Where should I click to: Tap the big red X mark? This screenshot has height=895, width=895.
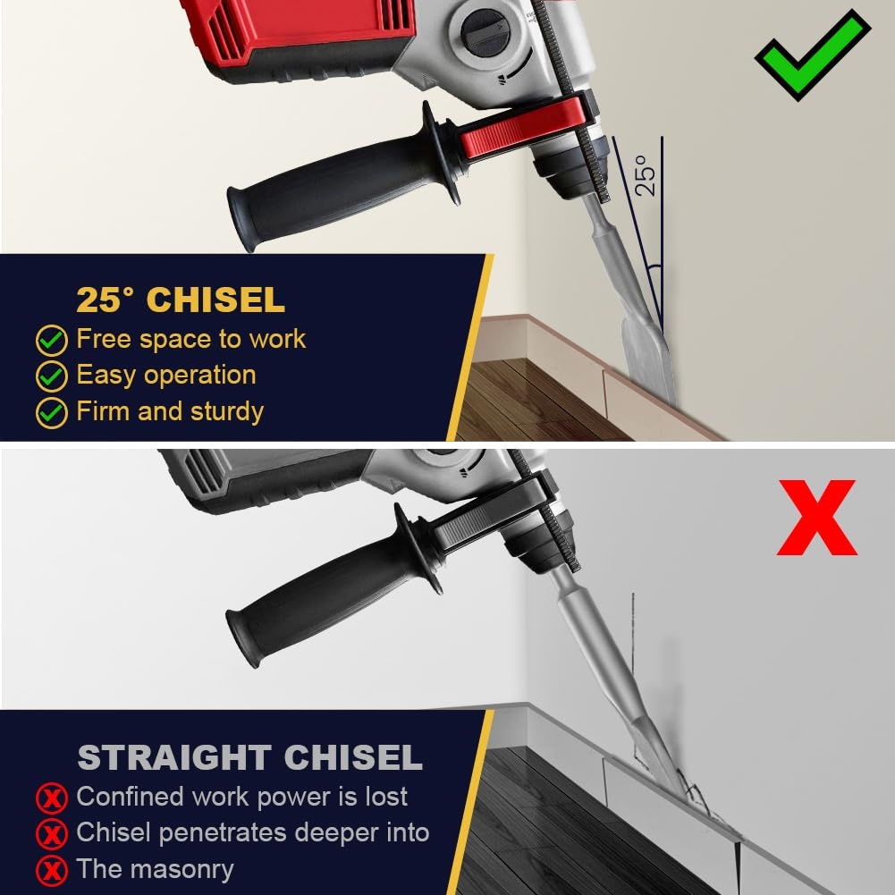[816, 519]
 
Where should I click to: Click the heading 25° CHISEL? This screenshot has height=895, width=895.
[180, 300]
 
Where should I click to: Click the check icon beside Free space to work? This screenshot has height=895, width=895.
[51, 341]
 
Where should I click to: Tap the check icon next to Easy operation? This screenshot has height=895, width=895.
[51, 376]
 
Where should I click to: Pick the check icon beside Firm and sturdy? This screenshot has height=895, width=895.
[51, 412]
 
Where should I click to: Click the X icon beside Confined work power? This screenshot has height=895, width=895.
[51, 798]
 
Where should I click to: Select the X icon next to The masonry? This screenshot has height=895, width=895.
[51, 870]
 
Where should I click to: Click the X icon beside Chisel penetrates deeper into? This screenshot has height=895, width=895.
[51, 834]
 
